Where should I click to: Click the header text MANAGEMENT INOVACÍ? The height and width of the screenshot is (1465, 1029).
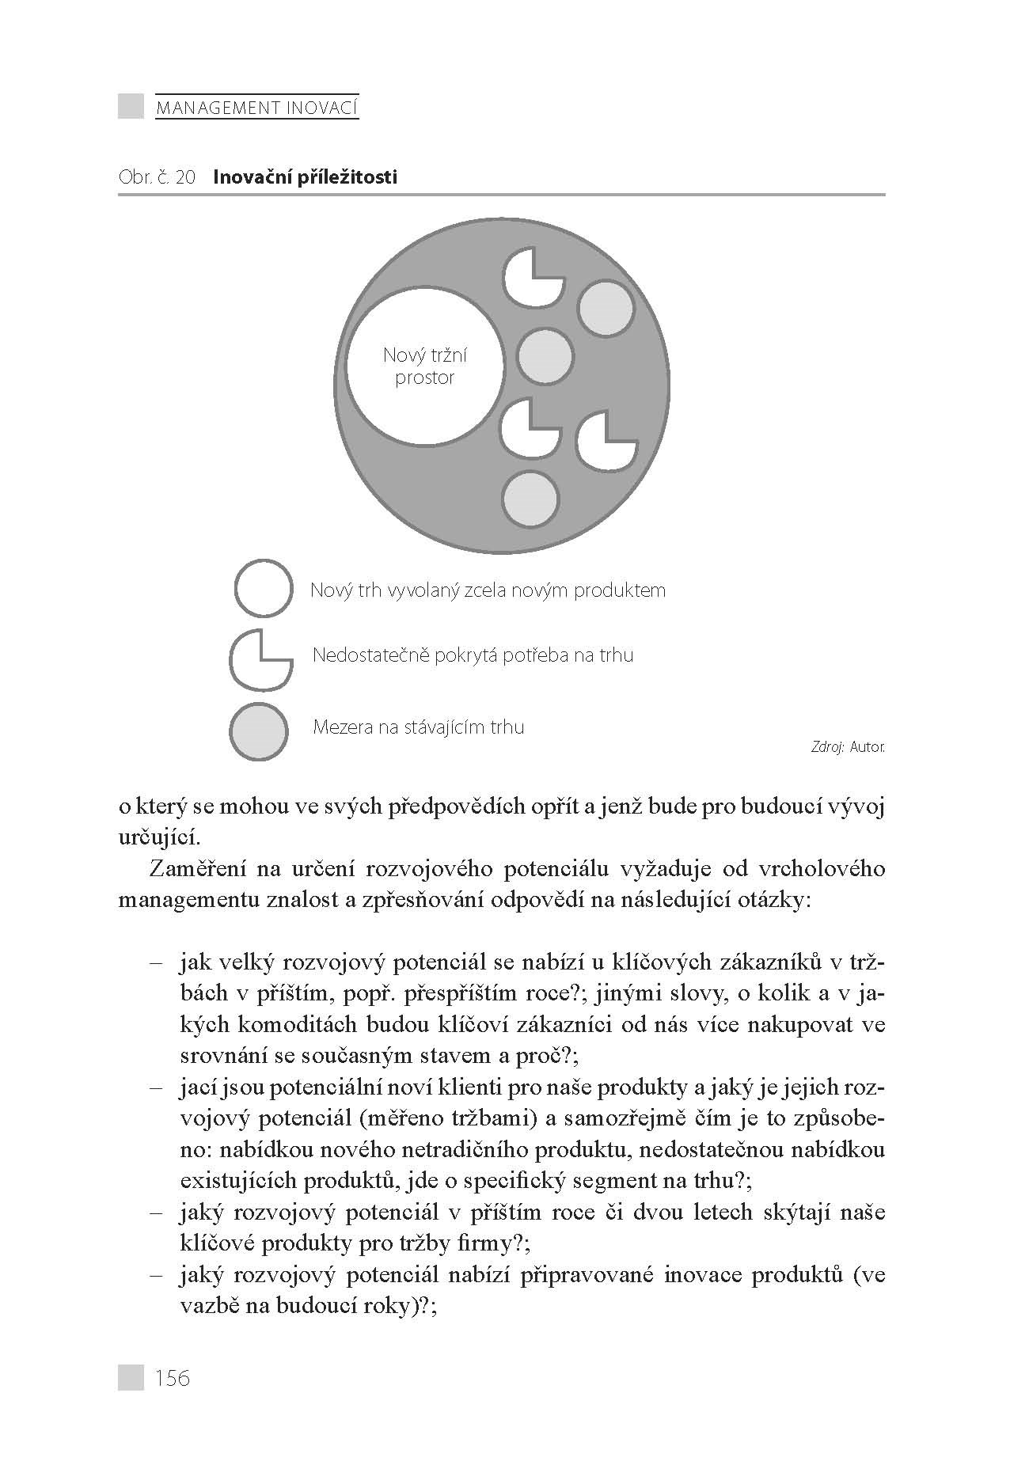256,107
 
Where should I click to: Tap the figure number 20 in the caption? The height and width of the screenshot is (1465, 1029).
184,177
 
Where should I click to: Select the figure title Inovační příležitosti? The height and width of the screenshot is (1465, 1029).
305,177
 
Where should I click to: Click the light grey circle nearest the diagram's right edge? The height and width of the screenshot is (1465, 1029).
606,309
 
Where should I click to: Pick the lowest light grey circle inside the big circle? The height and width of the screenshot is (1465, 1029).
530,499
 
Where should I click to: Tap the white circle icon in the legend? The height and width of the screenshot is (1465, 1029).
264,588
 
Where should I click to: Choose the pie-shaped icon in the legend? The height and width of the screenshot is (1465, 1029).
258,658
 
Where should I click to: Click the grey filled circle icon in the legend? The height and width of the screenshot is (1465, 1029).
258,731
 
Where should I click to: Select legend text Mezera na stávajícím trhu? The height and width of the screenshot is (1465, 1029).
418,727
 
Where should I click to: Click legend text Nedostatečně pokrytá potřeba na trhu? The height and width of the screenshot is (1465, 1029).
473,655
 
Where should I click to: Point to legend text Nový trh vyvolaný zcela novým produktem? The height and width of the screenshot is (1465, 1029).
488,590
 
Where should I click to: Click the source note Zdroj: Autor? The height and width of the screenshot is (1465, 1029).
847,746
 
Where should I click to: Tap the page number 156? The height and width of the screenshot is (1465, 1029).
173,1378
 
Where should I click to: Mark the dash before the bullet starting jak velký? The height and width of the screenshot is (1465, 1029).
156,962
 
